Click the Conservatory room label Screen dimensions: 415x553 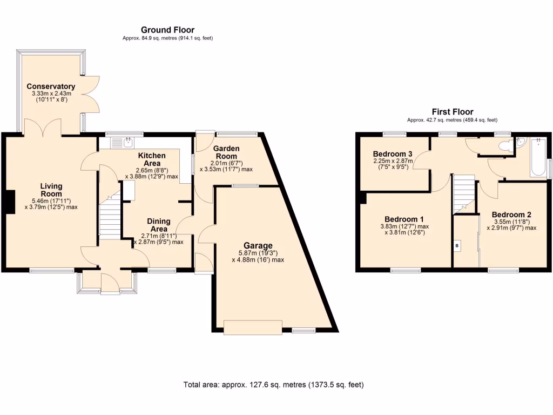(51, 86)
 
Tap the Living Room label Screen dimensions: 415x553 (51, 190)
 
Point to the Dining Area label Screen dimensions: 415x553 (159, 225)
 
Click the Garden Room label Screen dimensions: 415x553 (225, 152)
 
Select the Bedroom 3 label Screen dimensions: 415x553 (392, 152)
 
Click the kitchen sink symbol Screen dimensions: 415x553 (128, 143)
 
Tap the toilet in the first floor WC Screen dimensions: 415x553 (505, 145)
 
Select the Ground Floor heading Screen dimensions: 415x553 (167, 30)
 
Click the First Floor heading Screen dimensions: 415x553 (452, 112)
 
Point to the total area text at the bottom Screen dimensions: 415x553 (274, 385)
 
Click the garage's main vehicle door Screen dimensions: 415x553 (253, 327)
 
